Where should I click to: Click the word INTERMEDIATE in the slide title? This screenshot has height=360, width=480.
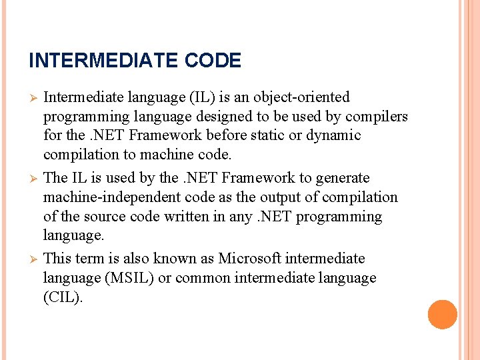point(104,61)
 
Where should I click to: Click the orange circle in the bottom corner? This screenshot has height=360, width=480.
point(443,315)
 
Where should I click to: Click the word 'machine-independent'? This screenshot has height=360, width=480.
point(104,197)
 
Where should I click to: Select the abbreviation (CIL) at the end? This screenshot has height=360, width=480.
point(63,297)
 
